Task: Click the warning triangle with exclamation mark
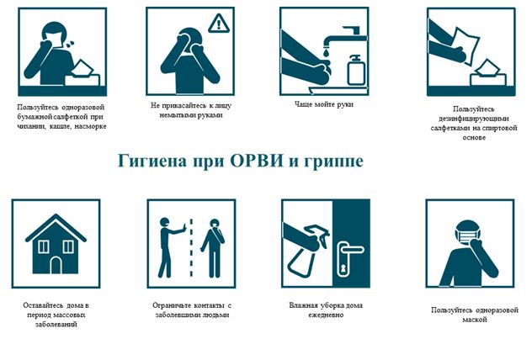pyautogui.click(x=219, y=24)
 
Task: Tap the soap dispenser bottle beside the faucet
pyautogui.click(x=356, y=70)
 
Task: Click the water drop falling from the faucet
pyautogui.click(x=326, y=52)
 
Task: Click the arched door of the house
pyautogui.click(x=56, y=265)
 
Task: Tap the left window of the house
pyautogui.click(x=43, y=246)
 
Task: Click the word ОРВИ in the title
pyautogui.click(x=256, y=161)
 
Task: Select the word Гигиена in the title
pyautogui.click(x=152, y=161)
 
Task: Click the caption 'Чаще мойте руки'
pyautogui.click(x=324, y=104)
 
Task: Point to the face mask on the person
pyautogui.click(x=466, y=235)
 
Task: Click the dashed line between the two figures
pyautogui.click(x=191, y=248)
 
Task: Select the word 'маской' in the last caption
pyautogui.click(x=475, y=320)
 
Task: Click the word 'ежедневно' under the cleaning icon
pyautogui.click(x=326, y=315)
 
